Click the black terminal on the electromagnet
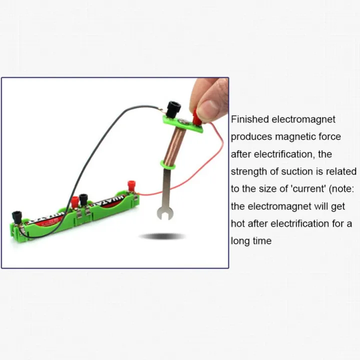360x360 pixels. click(x=173, y=107)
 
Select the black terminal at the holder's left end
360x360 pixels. click(x=16, y=216)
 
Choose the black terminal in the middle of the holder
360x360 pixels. click(x=83, y=199)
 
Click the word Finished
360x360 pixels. click(x=250, y=119)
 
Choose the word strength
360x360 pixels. click(x=248, y=171)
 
